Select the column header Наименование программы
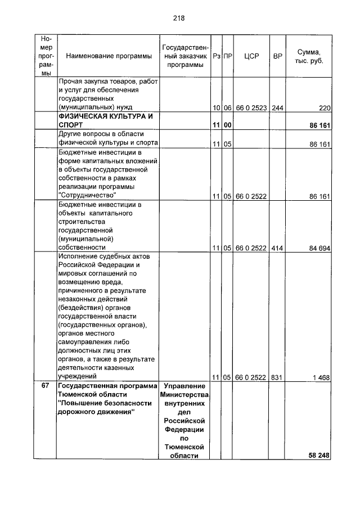coord(109,56)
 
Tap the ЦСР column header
coord(251,56)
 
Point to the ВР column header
coord(277,56)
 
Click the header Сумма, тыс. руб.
coord(308,56)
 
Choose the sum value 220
coord(323,107)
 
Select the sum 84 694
coord(319,247)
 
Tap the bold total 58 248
coord(319,455)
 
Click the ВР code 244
coord(277,107)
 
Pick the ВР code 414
coord(277,247)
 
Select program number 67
coord(46,386)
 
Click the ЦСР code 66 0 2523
coord(251,107)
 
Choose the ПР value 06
coord(227,107)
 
